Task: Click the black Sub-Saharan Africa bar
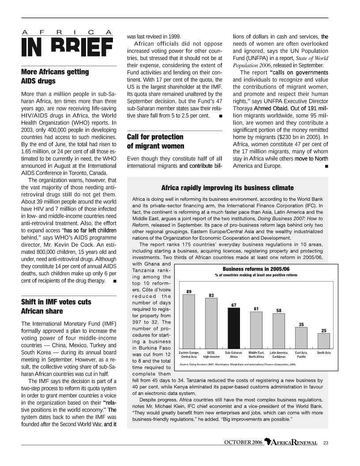coord(234,328)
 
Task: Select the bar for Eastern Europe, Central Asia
coord(188,321)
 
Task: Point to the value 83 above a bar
coord(211,295)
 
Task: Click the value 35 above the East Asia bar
coord(301,324)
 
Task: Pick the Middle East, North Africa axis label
coord(256,354)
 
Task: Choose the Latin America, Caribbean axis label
coord(279,354)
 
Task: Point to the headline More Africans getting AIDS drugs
coord(55,76)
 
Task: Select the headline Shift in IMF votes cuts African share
coord(56,306)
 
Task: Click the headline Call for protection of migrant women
coord(155,141)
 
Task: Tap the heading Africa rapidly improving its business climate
coord(228,187)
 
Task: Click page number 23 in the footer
coord(326,443)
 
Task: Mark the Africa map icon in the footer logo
coord(268,442)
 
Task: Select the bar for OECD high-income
coord(211,323)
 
